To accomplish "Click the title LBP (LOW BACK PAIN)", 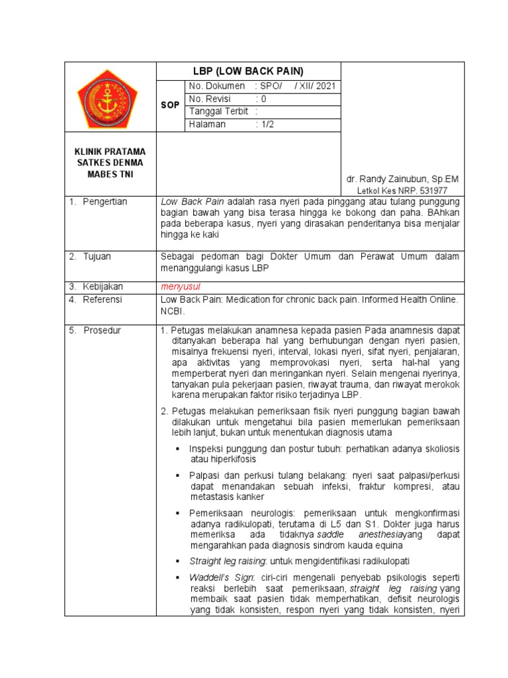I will point(247,72).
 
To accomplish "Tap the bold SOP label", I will point(170,105).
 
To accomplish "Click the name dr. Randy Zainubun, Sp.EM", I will point(402,179).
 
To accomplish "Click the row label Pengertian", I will point(105,201).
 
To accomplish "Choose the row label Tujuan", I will point(97,256).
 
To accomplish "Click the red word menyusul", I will point(180,287).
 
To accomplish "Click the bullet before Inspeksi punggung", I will point(178,449).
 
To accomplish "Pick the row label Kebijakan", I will point(103,287).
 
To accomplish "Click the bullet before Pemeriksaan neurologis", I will point(178,513).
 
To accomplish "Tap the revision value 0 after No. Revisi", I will point(263,99).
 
